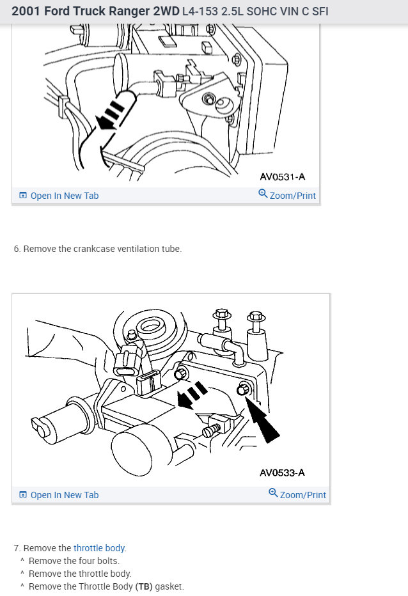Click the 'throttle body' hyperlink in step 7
coord(99,548)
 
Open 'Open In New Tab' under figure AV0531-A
coord(64,196)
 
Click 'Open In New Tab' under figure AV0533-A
coord(64,495)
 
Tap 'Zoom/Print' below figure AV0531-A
coord(292,196)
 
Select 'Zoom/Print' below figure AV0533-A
coord(302,495)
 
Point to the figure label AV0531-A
coord(282,177)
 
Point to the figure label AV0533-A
coord(282,473)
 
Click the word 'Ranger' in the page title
coord(119,12)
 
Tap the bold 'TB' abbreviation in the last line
coord(143,586)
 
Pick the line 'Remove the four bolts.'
coord(74,561)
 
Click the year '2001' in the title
coord(26,12)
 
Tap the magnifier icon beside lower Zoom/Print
coord(273,494)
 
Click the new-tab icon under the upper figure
coord(23,196)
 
